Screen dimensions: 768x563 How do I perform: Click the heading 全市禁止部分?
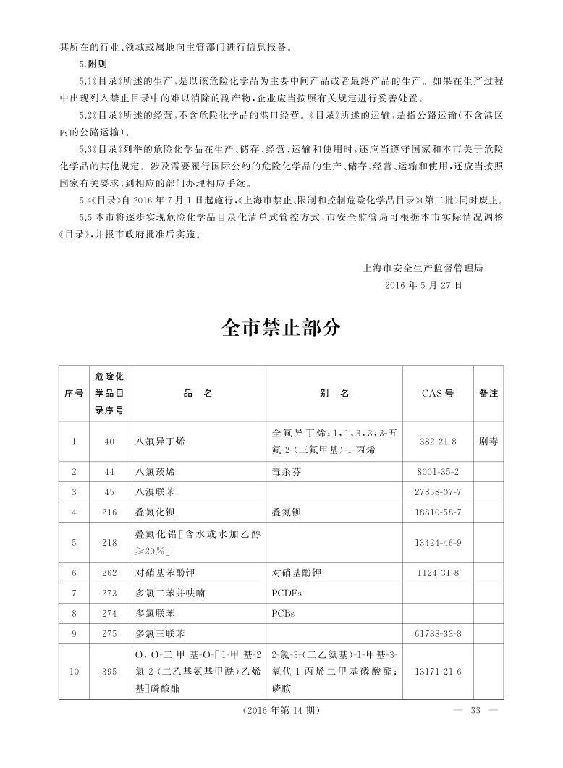pos(281,328)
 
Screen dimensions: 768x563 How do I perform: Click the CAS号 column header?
pos(437,394)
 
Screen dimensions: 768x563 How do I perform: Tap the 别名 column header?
pos(334,394)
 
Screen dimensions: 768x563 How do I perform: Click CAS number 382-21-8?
pos(437,440)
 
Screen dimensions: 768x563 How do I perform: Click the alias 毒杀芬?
pos(285,471)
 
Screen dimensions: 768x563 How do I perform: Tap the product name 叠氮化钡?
pos(156,512)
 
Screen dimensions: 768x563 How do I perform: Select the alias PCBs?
pos(283,613)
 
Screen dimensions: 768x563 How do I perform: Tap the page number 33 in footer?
pos(475,710)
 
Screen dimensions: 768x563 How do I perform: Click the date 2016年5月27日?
pos(425,284)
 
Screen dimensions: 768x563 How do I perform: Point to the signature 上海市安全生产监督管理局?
pos(423,267)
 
